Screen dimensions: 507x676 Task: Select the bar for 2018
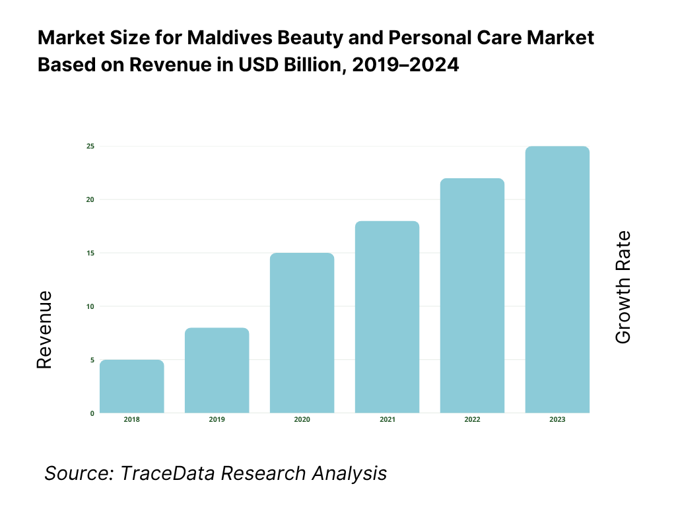[x=131, y=386]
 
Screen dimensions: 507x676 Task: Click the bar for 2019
[x=217, y=370]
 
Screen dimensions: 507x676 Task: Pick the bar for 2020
[x=302, y=333]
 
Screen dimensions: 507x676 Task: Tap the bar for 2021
[x=387, y=317]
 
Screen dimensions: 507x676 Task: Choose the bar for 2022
[x=472, y=296]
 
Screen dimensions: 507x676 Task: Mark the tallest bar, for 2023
[x=557, y=279]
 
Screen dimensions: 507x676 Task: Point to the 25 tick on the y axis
[x=90, y=146]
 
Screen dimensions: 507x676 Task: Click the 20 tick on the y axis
[x=90, y=199]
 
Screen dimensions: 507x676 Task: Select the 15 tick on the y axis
[x=90, y=253]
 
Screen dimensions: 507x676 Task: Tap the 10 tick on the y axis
[x=90, y=306]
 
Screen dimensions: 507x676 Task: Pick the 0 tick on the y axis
[x=92, y=413]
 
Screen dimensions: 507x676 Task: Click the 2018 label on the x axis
[x=131, y=420]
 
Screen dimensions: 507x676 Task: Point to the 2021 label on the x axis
[x=387, y=420]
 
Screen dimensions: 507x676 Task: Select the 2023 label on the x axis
[x=557, y=420]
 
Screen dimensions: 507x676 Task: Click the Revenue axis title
[x=44, y=329]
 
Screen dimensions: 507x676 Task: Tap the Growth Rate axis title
[x=623, y=287]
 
